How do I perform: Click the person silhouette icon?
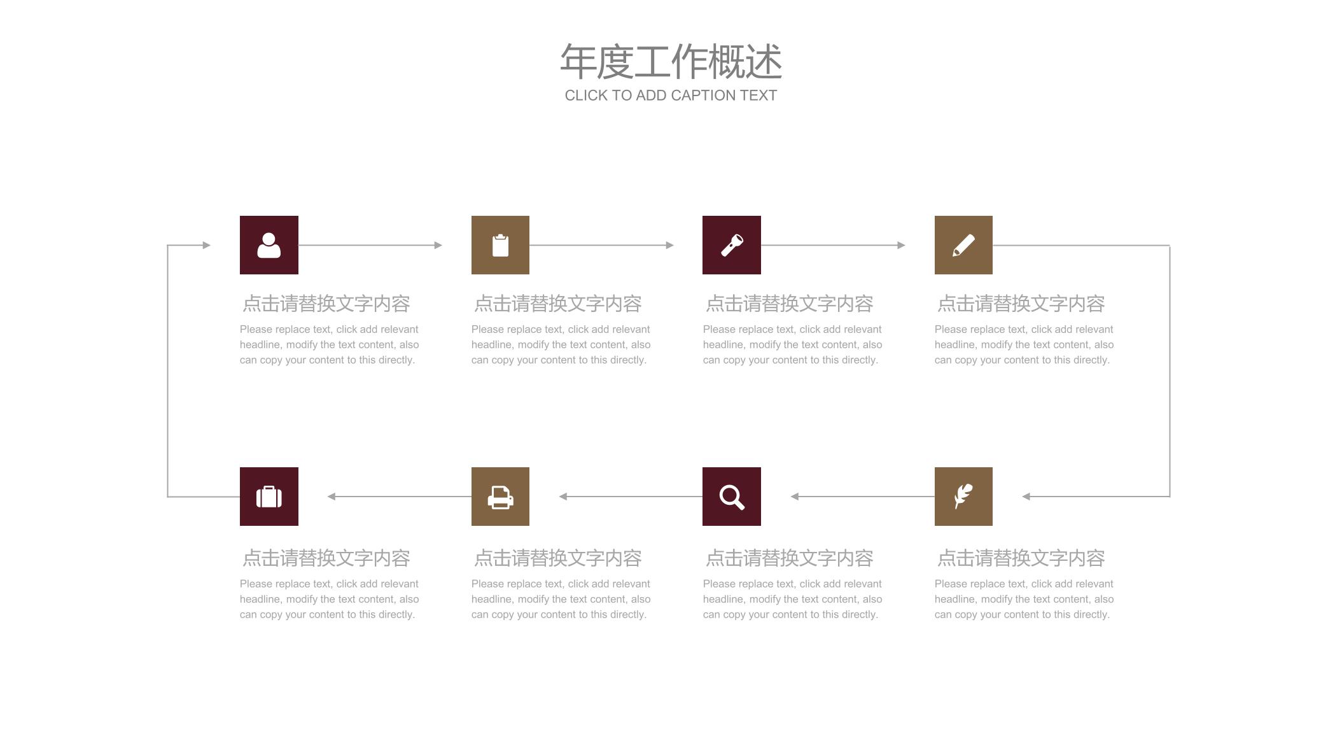(x=269, y=245)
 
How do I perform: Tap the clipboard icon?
(x=500, y=245)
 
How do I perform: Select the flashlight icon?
(x=732, y=245)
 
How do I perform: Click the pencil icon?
(x=963, y=245)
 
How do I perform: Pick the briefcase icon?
(x=269, y=497)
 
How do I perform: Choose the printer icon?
(x=500, y=497)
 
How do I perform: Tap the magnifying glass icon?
(x=732, y=497)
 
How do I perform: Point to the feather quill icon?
(x=963, y=497)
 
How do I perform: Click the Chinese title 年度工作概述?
(x=671, y=62)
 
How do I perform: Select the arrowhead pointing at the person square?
(x=207, y=245)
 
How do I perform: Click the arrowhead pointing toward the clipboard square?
(x=438, y=245)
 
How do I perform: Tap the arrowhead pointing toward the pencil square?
(x=902, y=245)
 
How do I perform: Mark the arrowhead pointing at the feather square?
(x=1026, y=497)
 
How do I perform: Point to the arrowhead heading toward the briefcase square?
(x=331, y=497)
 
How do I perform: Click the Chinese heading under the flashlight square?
(x=789, y=304)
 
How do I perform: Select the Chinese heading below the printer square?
(x=557, y=558)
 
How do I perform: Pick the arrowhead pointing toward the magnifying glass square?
(x=794, y=497)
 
